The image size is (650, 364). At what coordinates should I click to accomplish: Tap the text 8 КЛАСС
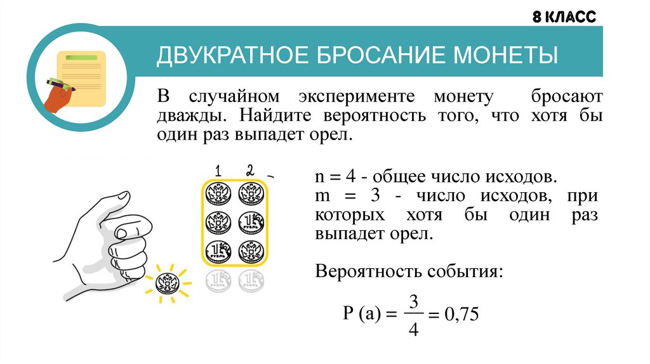(564, 17)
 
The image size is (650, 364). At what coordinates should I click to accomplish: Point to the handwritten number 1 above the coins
(217, 171)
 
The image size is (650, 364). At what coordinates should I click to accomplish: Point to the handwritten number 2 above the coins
(249, 170)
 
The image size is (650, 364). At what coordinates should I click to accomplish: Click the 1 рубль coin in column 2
(251, 223)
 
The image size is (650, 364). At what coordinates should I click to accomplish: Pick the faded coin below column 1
(218, 280)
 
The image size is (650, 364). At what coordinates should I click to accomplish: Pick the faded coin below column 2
(251, 280)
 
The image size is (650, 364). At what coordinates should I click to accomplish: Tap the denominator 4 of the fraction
(413, 330)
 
